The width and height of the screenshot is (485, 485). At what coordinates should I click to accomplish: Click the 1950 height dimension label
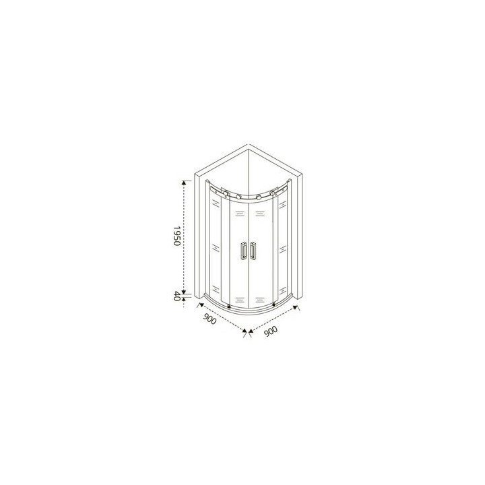(176, 236)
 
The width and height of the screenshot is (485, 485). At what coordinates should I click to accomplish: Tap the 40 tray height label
(176, 296)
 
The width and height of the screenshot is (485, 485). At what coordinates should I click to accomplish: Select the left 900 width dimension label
(209, 319)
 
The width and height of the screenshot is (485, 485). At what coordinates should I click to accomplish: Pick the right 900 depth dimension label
(271, 331)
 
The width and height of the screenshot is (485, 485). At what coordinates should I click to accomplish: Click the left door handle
(244, 251)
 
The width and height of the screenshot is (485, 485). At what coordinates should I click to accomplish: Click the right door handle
(253, 251)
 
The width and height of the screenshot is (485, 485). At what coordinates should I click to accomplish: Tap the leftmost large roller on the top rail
(226, 193)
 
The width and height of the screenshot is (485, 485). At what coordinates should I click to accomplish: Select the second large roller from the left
(238, 197)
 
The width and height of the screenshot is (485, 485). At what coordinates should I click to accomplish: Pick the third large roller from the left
(259, 197)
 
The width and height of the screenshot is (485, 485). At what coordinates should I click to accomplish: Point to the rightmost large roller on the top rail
(272, 193)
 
